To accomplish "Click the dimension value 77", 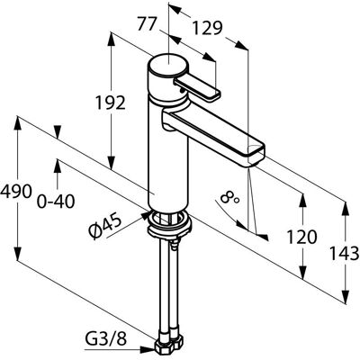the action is (148, 24).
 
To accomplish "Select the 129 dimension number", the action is (207, 28).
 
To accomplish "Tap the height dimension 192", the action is (110, 103).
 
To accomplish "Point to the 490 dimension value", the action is (16, 192).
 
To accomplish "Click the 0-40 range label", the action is (56, 201).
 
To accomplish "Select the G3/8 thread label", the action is (106, 340).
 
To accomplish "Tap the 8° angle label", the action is (229, 198).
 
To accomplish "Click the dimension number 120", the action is (301, 237).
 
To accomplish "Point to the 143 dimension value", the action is (344, 253).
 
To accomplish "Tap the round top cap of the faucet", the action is (169, 65).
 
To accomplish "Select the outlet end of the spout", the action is (256, 156).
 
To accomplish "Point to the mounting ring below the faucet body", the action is (169, 224).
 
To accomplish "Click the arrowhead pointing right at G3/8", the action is (148, 349).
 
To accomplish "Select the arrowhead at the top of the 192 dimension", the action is (112, 40).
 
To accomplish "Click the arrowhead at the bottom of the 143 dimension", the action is (346, 297).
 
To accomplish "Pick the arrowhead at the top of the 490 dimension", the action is (18, 123).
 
